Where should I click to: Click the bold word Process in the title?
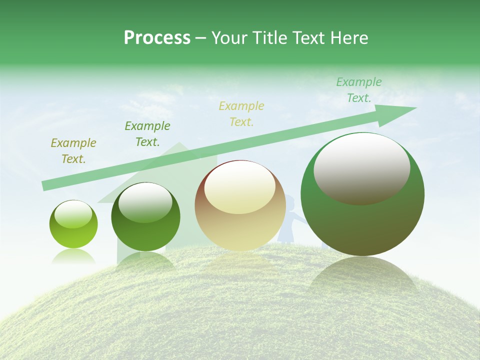(157, 38)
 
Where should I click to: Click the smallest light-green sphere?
(73, 224)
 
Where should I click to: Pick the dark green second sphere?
(145, 217)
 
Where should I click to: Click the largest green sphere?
(362, 195)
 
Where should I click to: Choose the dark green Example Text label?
(147, 134)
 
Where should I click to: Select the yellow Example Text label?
(241, 113)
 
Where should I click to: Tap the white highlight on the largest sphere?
(361, 168)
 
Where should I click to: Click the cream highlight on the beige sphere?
(239, 188)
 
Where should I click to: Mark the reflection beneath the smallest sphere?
(73, 256)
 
